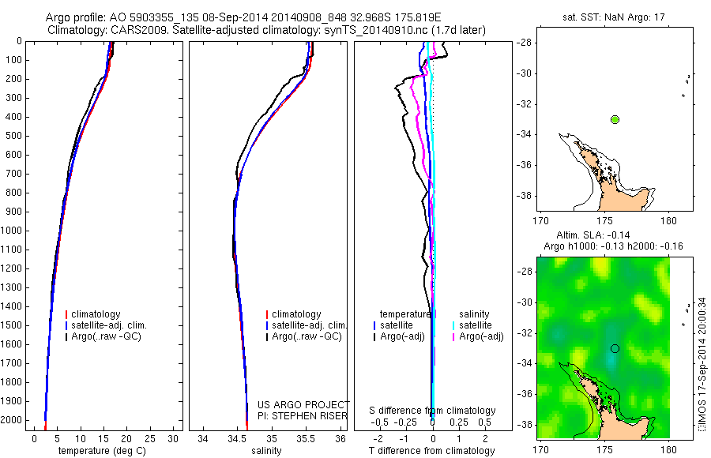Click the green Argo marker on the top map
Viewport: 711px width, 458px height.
[615, 119]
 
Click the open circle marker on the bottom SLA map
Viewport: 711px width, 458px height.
[615, 348]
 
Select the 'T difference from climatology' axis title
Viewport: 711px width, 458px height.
[432, 451]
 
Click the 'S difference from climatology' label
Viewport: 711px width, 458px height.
[432, 411]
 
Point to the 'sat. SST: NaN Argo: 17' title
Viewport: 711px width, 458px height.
[605, 16]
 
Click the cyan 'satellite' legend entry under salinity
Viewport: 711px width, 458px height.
[477, 325]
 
